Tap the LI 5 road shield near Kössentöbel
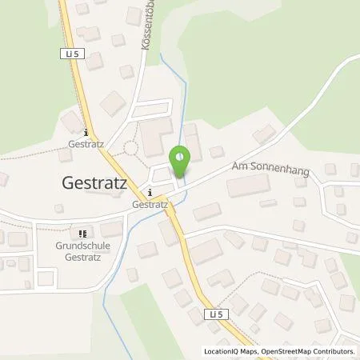click(69, 54)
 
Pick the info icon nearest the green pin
click(150, 192)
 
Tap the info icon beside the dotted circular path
click(86, 133)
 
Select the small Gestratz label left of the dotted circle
click(86, 146)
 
